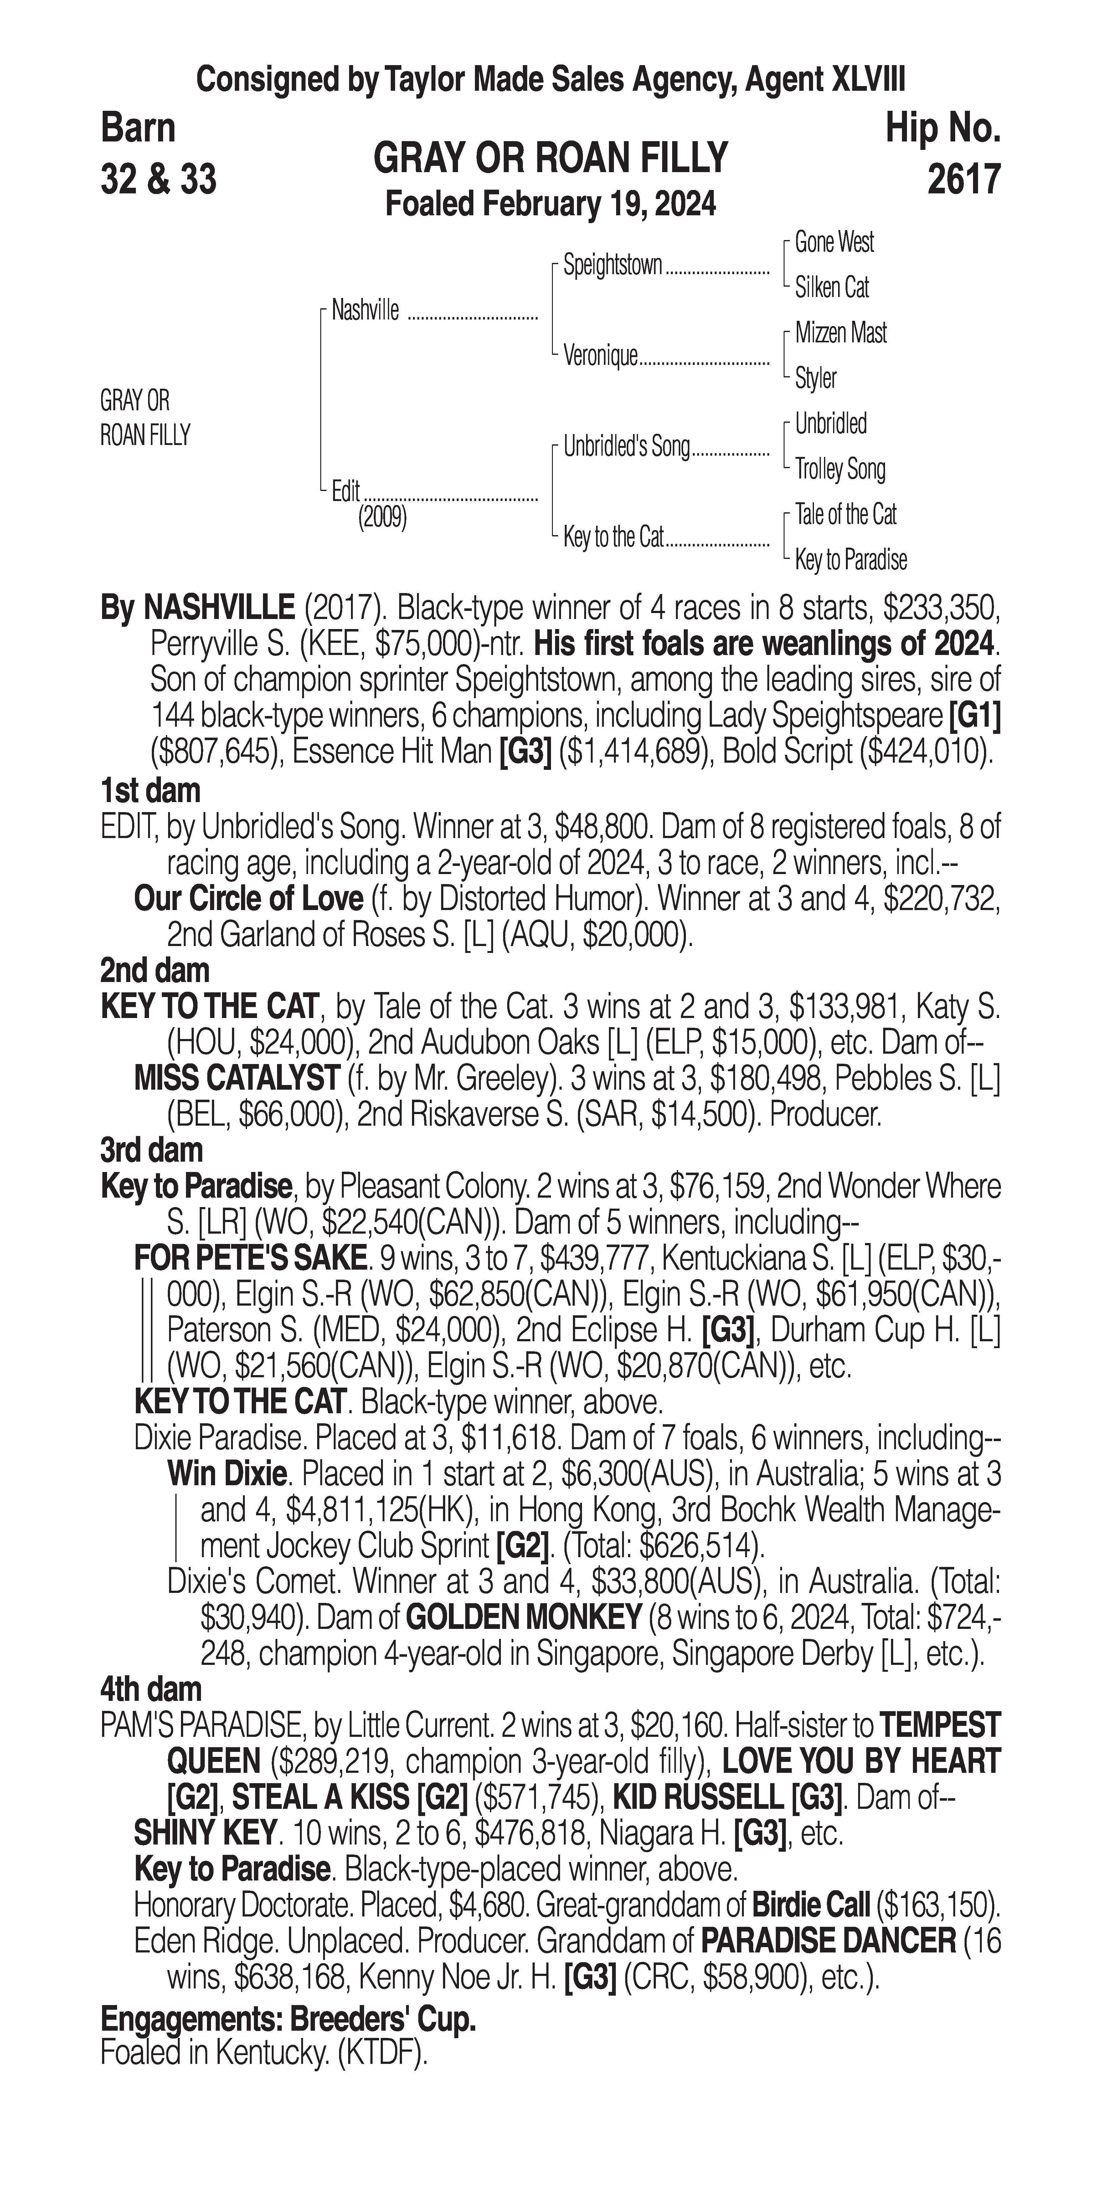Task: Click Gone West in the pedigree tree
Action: coord(834,243)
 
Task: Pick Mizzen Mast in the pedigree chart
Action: coord(841,333)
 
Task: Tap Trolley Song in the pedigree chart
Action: coord(840,469)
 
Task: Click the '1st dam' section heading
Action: coord(150,791)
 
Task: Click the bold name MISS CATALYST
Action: coord(237,1079)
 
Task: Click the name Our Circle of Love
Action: coord(249,899)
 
